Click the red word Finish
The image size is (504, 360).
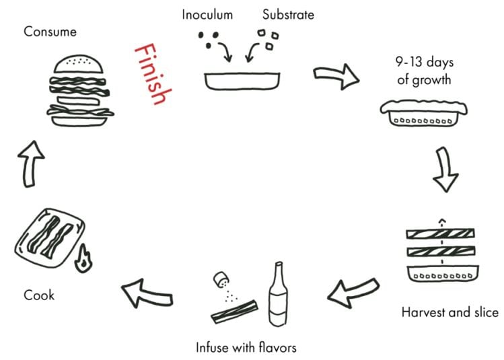tap(149, 74)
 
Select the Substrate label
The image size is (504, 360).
tap(287, 14)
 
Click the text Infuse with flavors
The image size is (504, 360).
tap(246, 347)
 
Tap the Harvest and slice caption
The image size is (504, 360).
tap(449, 312)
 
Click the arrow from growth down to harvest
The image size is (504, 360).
tap(445, 168)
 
